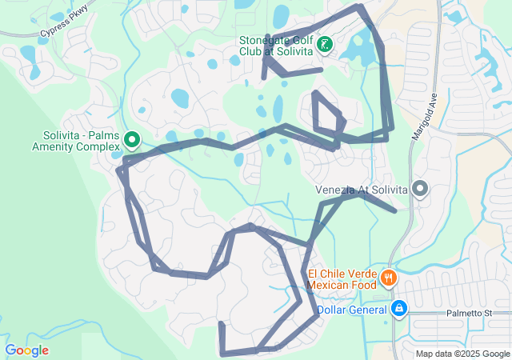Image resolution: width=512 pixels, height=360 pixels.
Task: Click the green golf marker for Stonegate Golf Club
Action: point(325,45)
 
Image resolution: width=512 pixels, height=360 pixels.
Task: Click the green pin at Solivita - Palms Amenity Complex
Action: point(132,141)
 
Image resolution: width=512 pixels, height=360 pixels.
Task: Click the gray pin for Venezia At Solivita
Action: point(420,189)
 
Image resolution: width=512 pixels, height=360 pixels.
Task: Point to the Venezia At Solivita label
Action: point(362,190)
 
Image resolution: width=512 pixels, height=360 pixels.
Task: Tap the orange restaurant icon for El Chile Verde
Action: point(388,278)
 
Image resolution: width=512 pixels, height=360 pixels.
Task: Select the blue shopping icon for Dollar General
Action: point(399,309)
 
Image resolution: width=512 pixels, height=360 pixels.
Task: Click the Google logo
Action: point(27,350)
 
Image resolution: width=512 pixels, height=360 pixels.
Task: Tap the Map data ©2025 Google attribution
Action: point(462,354)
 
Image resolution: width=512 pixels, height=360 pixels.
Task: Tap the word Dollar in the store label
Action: point(334,309)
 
